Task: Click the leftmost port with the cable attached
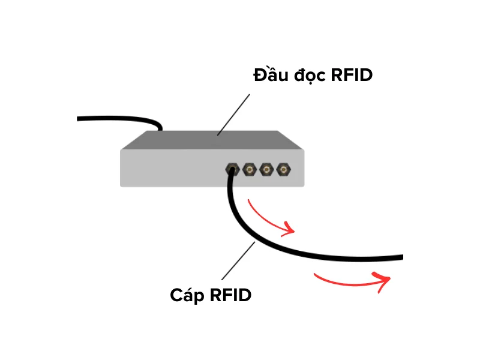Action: (x=231, y=170)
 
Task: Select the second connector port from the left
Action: (x=248, y=170)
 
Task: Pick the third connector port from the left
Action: (x=265, y=170)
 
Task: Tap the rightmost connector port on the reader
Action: (x=282, y=170)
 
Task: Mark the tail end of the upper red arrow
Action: (x=248, y=200)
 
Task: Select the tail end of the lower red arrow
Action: (x=315, y=274)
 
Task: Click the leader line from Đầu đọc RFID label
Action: (x=234, y=114)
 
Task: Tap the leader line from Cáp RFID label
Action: (x=239, y=261)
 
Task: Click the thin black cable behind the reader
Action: (x=120, y=118)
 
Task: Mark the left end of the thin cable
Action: (x=80, y=119)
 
